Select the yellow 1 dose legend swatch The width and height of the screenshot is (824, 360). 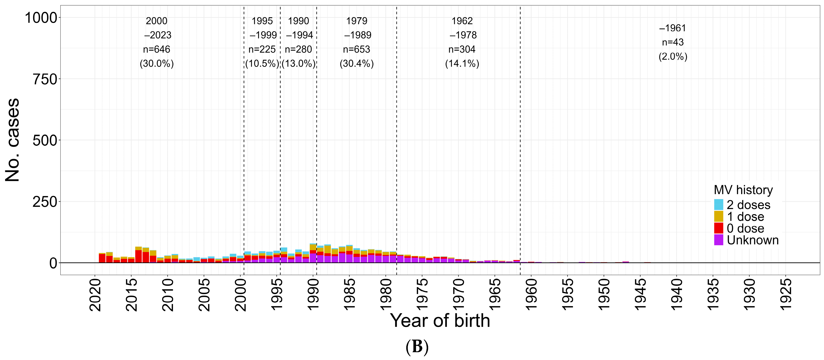718,217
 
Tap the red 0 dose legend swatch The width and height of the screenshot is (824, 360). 718,228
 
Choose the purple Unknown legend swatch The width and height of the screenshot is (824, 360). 718,240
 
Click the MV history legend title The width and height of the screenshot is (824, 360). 743,190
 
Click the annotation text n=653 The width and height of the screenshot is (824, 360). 356,49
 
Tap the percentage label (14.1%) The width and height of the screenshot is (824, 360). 462,63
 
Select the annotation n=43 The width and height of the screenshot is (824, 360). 673,42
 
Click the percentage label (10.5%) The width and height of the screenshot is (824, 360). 262,63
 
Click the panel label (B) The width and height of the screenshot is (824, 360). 417,347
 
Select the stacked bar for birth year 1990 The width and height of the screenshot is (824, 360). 313,253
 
